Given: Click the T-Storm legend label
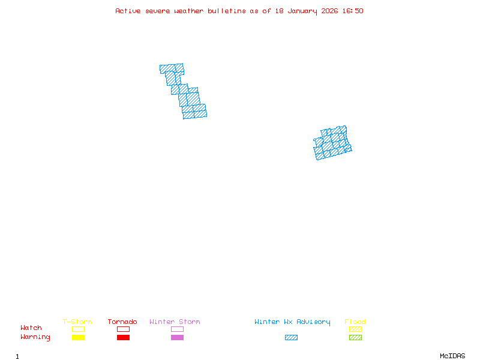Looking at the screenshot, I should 77,322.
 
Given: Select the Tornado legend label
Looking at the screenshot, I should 122,322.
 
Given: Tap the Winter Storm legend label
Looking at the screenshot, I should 175,322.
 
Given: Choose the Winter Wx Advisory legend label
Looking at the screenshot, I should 292,322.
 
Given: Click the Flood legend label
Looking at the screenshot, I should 355,322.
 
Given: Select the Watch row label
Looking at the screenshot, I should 31,328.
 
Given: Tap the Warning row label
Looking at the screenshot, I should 35,337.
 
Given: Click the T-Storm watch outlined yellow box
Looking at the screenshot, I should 78,329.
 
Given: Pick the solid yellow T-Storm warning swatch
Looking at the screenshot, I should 78,337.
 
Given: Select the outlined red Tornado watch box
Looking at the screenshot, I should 123,329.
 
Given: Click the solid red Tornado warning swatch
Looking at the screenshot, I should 123,337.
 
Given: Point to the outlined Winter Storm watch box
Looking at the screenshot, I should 177,329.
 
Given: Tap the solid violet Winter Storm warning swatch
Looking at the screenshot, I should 177,337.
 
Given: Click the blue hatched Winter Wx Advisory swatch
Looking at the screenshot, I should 291,337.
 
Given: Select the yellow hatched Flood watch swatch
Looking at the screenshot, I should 355,329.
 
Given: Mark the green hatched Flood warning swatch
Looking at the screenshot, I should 355,337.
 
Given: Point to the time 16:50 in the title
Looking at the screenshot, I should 352,11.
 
